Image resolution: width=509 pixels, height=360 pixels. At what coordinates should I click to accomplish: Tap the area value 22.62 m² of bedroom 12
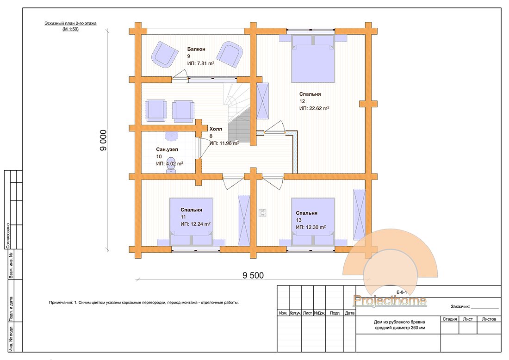coord(314,108)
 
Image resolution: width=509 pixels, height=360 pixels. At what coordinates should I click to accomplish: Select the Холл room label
coord(216,129)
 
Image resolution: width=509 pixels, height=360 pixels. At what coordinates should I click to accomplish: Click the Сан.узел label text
coord(167,149)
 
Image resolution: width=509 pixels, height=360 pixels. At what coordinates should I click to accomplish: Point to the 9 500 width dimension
coord(253,275)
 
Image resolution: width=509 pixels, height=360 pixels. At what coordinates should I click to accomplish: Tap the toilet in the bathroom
coord(171,170)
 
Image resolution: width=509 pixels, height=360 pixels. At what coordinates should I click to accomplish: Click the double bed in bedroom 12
coord(313,60)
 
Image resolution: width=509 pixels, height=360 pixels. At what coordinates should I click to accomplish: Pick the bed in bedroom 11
coord(191,222)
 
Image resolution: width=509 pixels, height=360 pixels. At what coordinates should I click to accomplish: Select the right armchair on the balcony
coord(230,54)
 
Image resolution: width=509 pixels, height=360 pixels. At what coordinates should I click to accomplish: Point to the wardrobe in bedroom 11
coord(243,220)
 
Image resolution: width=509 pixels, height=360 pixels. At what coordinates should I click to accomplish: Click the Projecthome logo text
coord(390,301)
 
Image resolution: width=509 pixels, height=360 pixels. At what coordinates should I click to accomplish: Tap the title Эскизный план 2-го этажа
coord(70,23)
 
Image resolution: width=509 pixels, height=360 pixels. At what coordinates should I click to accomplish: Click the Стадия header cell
coord(450,319)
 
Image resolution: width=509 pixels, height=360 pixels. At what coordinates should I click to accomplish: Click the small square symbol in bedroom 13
coord(262,213)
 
